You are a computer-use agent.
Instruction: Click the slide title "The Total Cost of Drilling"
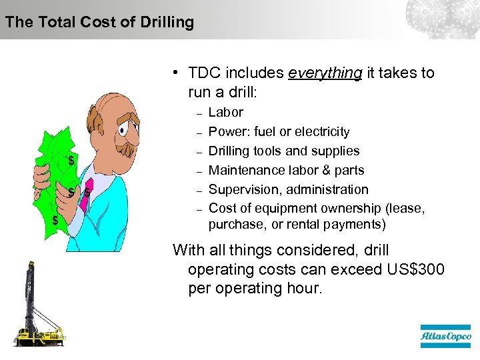[x=99, y=22]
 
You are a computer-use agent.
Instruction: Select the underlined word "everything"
[x=325, y=73]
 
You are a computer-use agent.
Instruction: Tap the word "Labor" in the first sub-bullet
[x=226, y=112]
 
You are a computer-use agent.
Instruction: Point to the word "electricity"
[x=317, y=131]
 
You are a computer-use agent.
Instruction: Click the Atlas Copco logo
[x=445, y=337]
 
